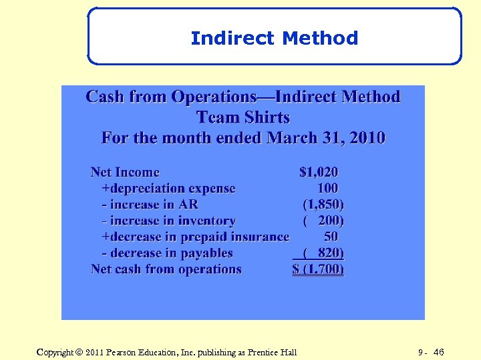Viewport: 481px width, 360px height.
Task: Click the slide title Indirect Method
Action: tap(274, 38)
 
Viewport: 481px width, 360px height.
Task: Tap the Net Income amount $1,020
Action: tap(318, 173)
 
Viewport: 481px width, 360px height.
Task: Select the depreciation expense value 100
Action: tap(327, 189)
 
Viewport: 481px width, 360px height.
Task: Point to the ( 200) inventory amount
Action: tap(323, 221)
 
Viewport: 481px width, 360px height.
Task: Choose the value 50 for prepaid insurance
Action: tap(331, 237)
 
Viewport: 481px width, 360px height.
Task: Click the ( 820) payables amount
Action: tap(323, 253)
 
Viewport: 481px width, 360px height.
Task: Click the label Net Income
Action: tap(125, 173)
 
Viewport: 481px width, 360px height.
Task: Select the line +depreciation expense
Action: tap(168, 189)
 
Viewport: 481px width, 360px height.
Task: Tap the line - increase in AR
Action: tap(150, 205)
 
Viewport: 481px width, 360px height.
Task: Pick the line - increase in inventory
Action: tap(168, 221)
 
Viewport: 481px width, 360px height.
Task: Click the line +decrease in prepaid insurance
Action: tap(195, 237)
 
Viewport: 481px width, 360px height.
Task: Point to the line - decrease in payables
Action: tap(167, 253)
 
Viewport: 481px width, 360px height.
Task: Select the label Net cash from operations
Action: tap(166, 269)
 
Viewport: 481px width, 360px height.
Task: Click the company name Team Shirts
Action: tap(243, 118)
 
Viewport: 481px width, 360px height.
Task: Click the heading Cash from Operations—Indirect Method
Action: tap(243, 97)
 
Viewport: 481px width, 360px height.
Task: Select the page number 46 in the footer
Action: tap(438, 352)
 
